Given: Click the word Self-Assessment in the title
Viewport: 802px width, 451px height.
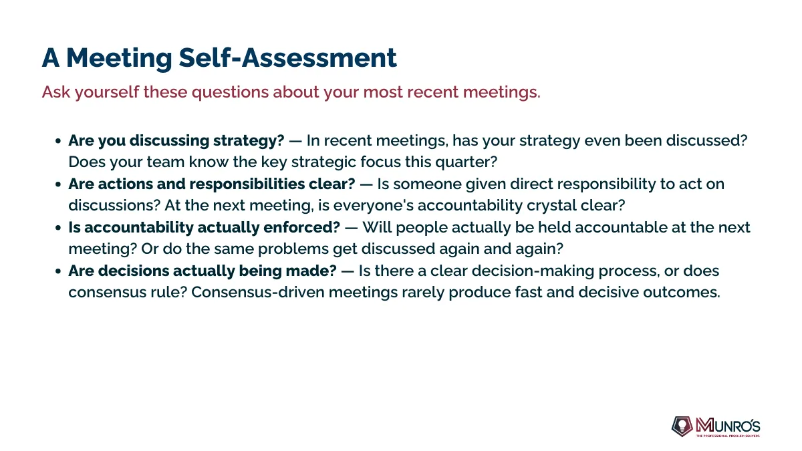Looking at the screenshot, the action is coord(287,57).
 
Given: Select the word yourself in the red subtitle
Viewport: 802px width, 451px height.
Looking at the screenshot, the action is coord(107,92).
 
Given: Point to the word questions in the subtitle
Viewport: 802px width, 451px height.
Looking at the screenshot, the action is coord(232,93).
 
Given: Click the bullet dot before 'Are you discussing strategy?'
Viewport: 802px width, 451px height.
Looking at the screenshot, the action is coord(58,141).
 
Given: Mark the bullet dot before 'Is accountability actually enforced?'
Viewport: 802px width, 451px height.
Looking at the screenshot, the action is coord(58,228).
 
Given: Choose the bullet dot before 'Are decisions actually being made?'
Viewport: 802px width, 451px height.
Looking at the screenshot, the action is coord(58,271).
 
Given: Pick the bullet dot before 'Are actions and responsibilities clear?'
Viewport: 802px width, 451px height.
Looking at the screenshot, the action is coord(58,184).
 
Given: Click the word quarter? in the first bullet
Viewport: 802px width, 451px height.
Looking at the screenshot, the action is coord(466,162).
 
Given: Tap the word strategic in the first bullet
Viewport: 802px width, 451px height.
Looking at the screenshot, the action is coord(323,162).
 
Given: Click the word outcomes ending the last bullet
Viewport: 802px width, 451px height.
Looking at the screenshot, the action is coord(681,293).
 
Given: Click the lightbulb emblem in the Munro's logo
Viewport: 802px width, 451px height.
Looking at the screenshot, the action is coord(682,426).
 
